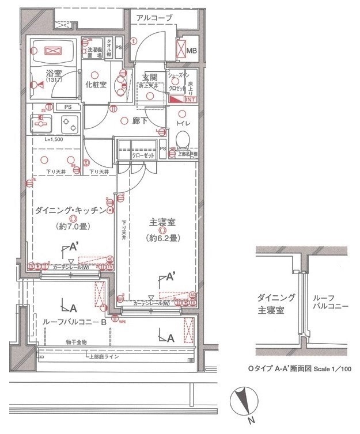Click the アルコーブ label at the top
(x=154, y=18)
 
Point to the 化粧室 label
(x=96, y=84)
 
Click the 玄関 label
(x=149, y=78)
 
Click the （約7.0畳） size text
(x=72, y=226)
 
